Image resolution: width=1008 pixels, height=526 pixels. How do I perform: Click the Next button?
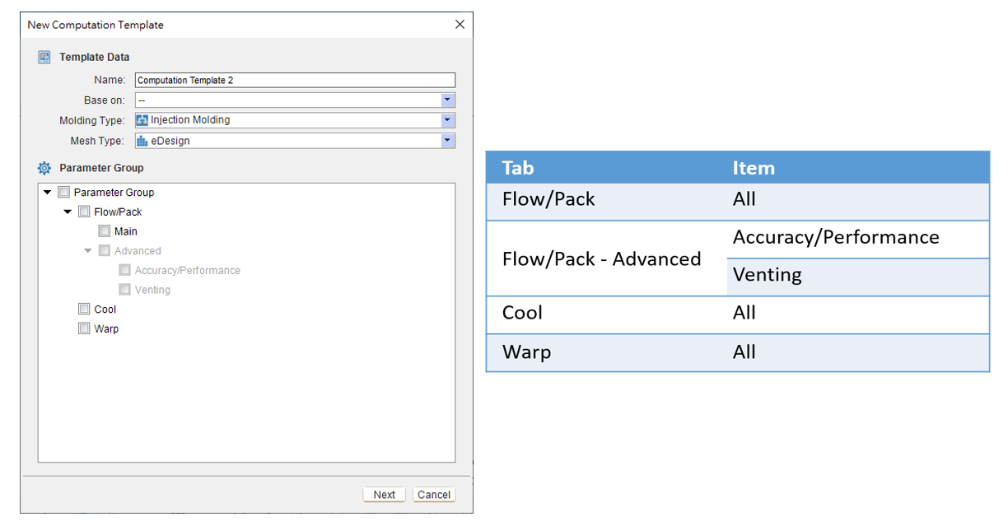384,495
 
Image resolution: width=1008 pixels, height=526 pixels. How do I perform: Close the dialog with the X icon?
460,25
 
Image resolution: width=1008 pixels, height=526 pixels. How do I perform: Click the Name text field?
295,80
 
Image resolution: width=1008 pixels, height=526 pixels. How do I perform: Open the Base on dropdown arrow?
447,100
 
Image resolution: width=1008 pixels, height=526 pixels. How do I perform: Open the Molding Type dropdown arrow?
447,120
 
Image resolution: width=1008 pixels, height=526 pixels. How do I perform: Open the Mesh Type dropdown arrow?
447,141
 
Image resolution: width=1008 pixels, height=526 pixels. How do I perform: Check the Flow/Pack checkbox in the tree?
84,212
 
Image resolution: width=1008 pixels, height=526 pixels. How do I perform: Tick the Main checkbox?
105,230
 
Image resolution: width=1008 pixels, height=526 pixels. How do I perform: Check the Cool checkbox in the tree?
84,309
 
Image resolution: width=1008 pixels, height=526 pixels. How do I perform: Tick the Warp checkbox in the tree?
84,328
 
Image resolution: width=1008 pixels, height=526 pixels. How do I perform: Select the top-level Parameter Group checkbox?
64,192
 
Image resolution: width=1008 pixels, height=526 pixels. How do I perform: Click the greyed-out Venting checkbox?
124,289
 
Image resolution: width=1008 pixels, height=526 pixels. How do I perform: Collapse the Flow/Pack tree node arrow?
68,212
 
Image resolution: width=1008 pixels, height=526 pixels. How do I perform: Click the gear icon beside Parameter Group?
44,168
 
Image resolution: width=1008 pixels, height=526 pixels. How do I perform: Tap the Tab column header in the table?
518,168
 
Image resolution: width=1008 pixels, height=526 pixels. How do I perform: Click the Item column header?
754,168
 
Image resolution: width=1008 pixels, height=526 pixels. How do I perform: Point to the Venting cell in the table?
858,277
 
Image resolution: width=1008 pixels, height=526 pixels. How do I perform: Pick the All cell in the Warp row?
858,353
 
